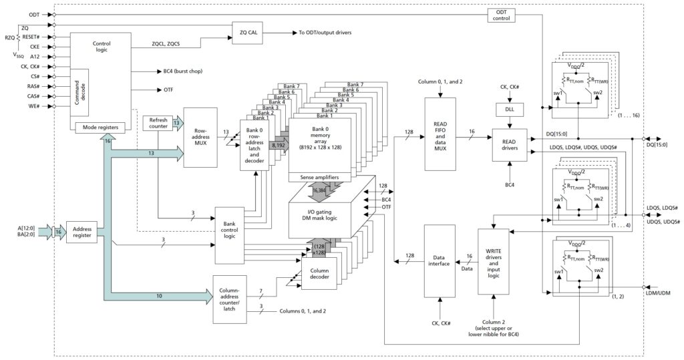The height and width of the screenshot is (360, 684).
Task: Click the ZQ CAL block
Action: click(248, 33)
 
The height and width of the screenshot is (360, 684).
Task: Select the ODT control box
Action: click(501, 15)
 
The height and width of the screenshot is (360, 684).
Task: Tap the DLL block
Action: click(510, 109)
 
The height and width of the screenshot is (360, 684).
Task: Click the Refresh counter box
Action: click(158, 123)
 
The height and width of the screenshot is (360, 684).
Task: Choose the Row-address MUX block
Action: click(200, 137)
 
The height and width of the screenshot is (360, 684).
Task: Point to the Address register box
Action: click(82, 232)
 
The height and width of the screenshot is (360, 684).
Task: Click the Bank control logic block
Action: click(230, 230)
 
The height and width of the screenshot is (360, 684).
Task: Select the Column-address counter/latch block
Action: click(230, 299)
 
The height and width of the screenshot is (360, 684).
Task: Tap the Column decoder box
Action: click(319, 274)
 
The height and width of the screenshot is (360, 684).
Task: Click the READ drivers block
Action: click(510, 145)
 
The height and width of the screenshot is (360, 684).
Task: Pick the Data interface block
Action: click(440, 261)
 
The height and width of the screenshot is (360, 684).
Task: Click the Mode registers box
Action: click(100, 128)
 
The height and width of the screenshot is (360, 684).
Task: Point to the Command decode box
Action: click(80, 92)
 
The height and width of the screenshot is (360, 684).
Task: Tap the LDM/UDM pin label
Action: click(658, 293)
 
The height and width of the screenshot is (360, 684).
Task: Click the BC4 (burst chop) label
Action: click(183, 71)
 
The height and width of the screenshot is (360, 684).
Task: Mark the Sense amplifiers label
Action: click(320, 177)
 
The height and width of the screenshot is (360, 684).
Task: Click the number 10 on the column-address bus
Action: click(159, 296)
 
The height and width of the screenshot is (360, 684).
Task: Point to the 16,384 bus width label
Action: click(320, 190)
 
